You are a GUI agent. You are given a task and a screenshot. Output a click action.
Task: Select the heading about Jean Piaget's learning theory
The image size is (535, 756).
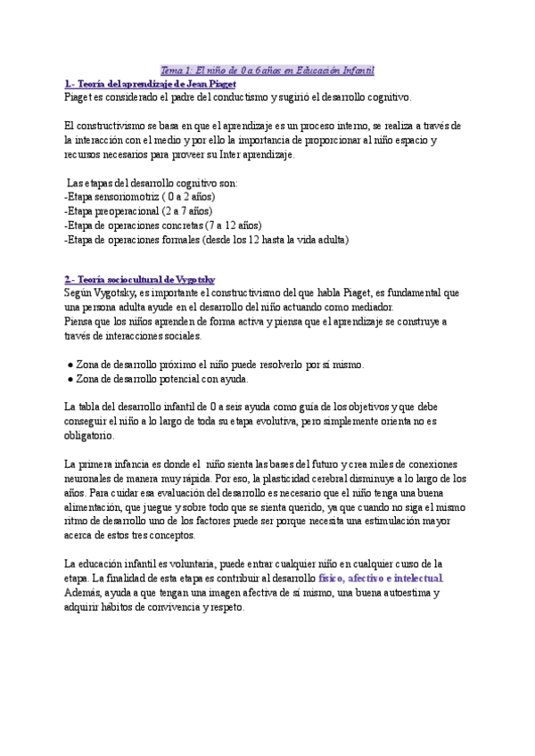pyautogui.click(x=150, y=83)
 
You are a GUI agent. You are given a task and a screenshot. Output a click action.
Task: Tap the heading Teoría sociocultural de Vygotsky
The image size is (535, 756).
pyautogui.click(x=140, y=279)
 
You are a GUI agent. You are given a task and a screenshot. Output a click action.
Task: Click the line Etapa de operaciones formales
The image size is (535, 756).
pyautogui.click(x=206, y=239)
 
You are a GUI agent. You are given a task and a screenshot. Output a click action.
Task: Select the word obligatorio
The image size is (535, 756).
pyautogui.click(x=89, y=435)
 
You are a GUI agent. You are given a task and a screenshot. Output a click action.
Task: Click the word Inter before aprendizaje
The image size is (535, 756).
pyautogui.click(x=218, y=153)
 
